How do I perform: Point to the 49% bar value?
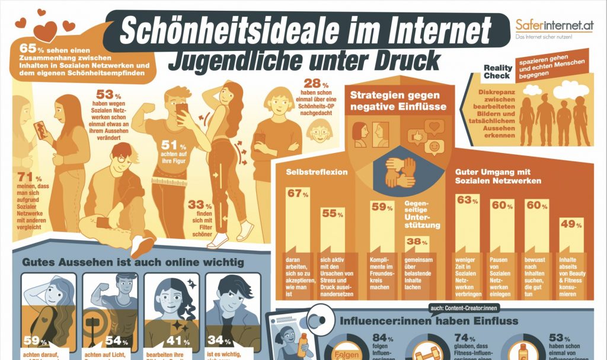(567, 224)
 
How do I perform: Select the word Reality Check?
(497, 72)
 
